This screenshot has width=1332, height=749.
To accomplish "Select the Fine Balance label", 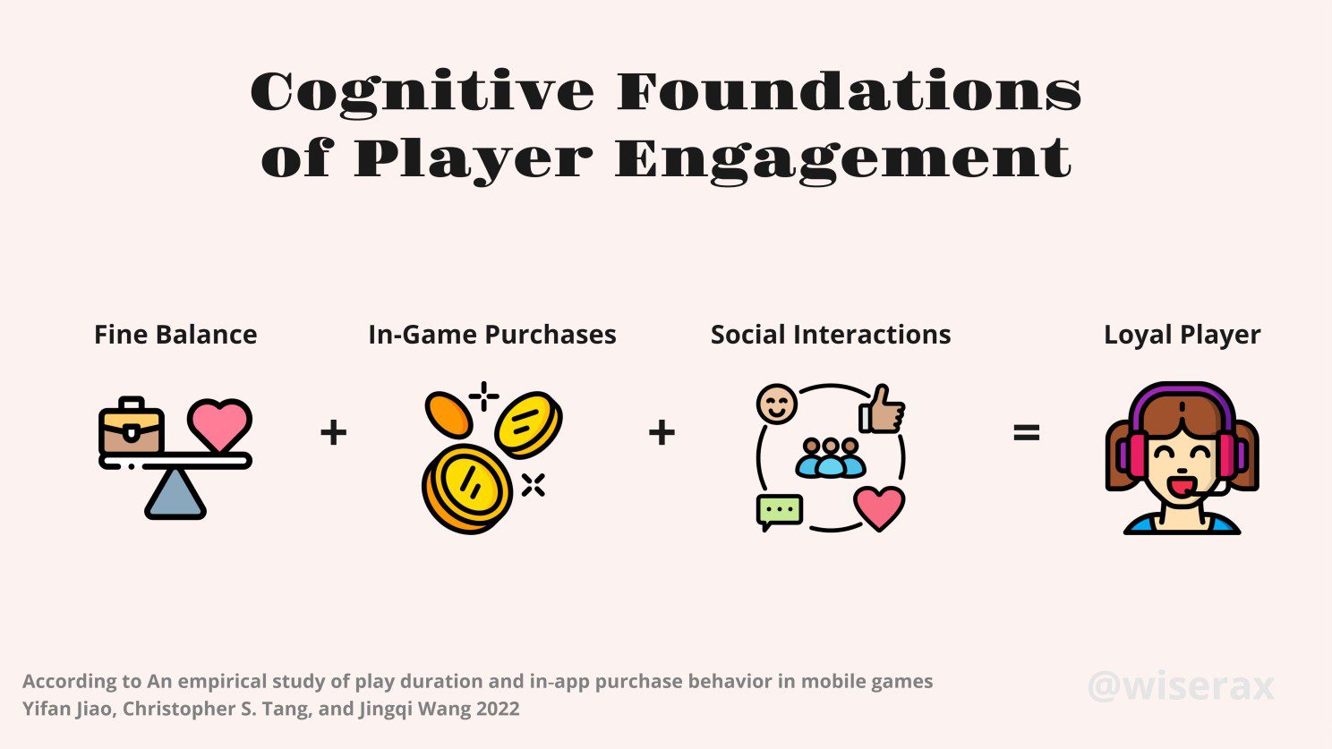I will click(x=175, y=335).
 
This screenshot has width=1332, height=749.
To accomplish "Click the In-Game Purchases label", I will click(x=492, y=335).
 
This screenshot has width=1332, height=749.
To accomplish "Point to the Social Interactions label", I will click(x=831, y=335).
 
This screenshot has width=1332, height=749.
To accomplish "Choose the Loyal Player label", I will click(x=1182, y=335).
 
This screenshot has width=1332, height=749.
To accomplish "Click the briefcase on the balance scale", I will click(x=132, y=427).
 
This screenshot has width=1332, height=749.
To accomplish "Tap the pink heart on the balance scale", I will click(x=220, y=424).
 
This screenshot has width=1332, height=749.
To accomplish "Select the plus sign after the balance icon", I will click(x=333, y=433).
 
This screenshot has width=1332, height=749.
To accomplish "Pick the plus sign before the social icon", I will click(x=662, y=433).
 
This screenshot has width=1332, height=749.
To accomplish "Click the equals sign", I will click(x=1026, y=433).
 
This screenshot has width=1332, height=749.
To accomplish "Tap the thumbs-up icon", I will click(x=883, y=410).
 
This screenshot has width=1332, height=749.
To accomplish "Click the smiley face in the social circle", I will click(x=776, y=404).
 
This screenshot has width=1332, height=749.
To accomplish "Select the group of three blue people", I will click(x=831, y=457).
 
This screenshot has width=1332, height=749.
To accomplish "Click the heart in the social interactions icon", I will click(x=879, y=507).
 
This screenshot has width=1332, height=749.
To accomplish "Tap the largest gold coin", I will click(x=466, y=489).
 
